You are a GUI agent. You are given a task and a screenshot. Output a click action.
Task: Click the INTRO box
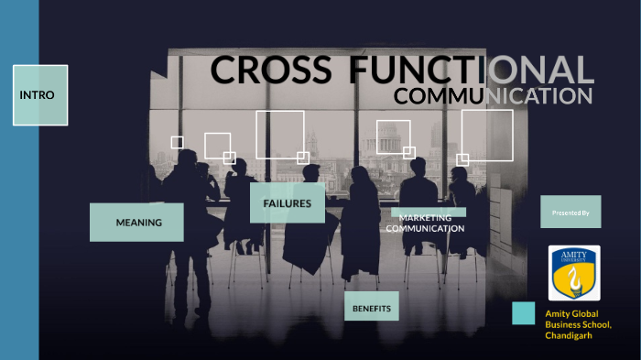pos(40,94)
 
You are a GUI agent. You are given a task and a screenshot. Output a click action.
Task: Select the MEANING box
pos(136,222)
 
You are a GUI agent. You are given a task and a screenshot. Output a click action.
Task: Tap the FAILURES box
pos(287,202)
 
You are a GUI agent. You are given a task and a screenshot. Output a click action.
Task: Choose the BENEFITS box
pos(371,309)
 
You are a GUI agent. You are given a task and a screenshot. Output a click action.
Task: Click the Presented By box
pos(570,212)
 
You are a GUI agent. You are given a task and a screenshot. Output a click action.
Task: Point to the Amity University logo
pos(574,272)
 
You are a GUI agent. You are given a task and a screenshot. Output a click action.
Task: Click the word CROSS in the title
pos(270,71)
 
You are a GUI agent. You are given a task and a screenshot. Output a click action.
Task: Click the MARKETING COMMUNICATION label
pos(425,223)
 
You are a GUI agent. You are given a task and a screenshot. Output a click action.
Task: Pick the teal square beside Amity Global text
pos(524,312)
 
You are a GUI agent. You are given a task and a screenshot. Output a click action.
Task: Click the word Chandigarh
pos(569,335)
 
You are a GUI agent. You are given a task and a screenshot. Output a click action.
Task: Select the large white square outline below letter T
pos(279,135)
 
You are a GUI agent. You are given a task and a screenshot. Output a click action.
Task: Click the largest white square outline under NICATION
pos(486,135)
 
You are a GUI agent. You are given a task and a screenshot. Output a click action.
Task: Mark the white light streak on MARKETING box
pos(429,212)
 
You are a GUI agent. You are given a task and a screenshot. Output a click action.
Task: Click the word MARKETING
pos(425,218)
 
